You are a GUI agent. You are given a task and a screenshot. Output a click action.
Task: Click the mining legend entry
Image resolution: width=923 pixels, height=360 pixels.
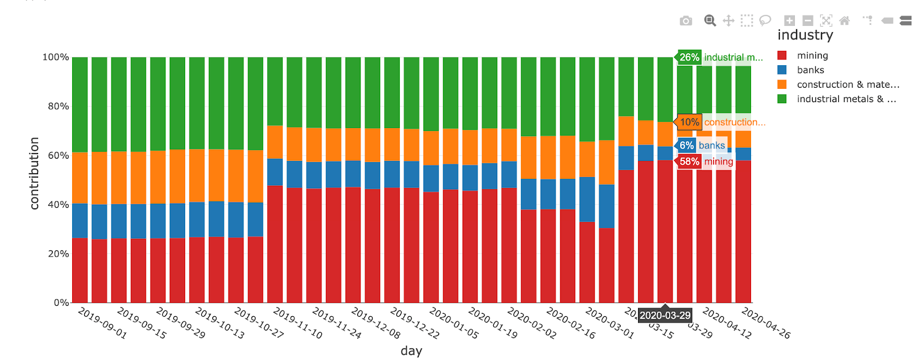pyautogui.click(x=812, y=55)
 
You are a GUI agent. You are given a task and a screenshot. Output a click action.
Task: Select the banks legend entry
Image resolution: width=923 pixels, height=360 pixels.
pyautogui.click(x=810, y=70)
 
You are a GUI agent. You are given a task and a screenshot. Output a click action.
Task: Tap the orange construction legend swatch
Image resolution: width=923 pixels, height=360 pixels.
pyautogui.click(x=782, y=84)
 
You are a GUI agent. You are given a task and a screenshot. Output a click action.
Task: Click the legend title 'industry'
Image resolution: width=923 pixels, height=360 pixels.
pyautogui.click(x=805, y=35)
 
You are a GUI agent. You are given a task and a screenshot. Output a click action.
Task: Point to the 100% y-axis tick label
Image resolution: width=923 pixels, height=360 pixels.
pyautogui.click(x=55, y=57)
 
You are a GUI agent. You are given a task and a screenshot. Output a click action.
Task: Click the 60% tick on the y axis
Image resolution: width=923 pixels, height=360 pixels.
pyautogui.click(x=58, y=155)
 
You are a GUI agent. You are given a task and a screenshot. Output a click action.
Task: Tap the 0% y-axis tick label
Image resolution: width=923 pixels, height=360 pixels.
pyautogui.click(x=61, y=302)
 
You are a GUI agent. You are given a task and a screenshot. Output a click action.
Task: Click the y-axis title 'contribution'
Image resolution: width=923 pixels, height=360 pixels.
pyautogui.click(x=34, y=173)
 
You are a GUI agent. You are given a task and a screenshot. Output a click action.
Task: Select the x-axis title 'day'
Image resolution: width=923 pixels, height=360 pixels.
pyautogui.click(x=411, y=351)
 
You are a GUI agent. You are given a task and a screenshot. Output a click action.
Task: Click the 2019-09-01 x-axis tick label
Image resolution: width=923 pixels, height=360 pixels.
pyautogui.click(x=102, y=323)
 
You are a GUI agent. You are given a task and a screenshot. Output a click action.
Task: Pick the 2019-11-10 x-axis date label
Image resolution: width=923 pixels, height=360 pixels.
pyautogui.click(x=297, y=323)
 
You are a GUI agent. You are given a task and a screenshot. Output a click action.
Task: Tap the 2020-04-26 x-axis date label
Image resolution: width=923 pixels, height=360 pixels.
pyautogui.click(x=766, y=323)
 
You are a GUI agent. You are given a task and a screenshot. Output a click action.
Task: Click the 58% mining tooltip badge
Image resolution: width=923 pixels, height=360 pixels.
pyautogui.click(x=689, y=162)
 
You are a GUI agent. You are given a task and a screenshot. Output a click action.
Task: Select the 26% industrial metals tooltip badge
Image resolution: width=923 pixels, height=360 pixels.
pyautogui.click(x=689, y=57)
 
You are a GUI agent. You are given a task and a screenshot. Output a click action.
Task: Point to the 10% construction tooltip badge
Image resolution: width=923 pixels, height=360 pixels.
pyautogui.click(x=689, y=122)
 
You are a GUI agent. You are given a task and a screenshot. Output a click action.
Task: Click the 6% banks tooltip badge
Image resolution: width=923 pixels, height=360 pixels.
pyautogui.click(x=686, y=145)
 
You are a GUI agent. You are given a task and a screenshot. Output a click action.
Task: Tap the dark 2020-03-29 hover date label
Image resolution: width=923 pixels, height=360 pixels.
pyautogui.click(x=665, y=316)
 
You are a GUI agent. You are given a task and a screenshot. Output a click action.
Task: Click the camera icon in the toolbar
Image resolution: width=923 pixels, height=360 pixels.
pyautogui.click(x=686, y=21)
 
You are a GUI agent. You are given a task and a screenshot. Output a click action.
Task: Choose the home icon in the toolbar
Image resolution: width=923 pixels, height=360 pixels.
pyautogui.click(x=845, y=21)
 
